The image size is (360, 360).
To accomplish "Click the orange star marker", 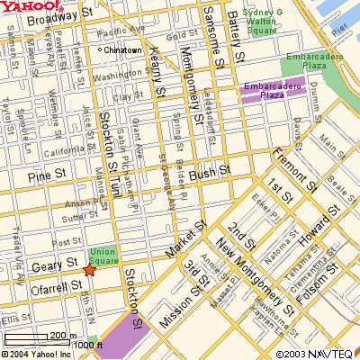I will coord(88,270).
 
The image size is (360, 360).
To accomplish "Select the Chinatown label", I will coord(123,50).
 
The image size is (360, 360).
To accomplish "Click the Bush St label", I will coord(215,168).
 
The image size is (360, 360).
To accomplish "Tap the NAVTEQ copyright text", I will coord(316,354).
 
